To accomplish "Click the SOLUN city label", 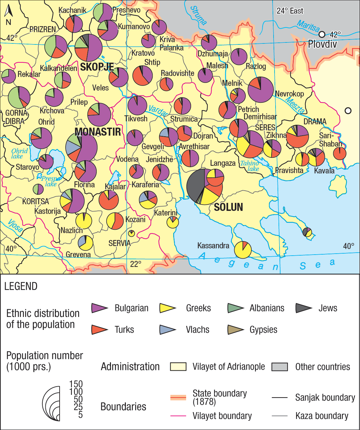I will coord(228,207).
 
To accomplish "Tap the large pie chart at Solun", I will coord(204,187).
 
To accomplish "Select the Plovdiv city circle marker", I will coord(322,34).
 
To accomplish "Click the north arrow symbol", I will coord(9,12).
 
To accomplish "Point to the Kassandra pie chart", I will coord(243,250).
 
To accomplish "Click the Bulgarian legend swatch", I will coord(99,308).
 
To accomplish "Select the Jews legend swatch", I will coord(303,308).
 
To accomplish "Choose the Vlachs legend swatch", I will coord(168,330).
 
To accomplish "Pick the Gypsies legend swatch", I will coord(235,330).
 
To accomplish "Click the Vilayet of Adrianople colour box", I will coord(178,367).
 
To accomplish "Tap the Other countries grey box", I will coord(280,367).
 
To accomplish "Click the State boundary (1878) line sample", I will coord(178,398).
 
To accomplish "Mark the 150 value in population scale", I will coord(76,384).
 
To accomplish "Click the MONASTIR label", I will coord(98,132).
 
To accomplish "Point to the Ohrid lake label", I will coord(19,154).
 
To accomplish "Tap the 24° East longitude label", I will coord(290,11).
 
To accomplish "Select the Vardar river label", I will coord(158,111).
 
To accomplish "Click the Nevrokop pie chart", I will coord(261,90).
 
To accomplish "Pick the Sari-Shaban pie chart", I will coord(339,154).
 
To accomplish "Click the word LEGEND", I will coord(21,286).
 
